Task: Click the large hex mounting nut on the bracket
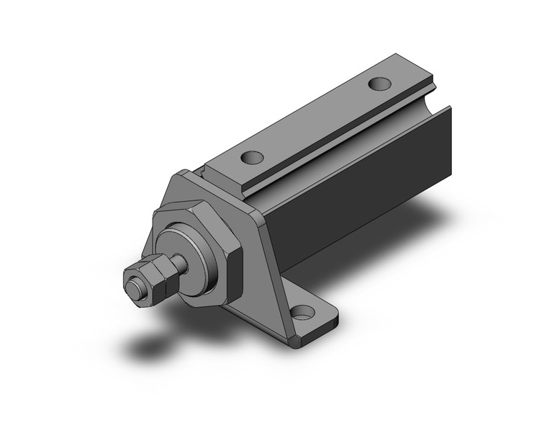[x=198, y=245]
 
